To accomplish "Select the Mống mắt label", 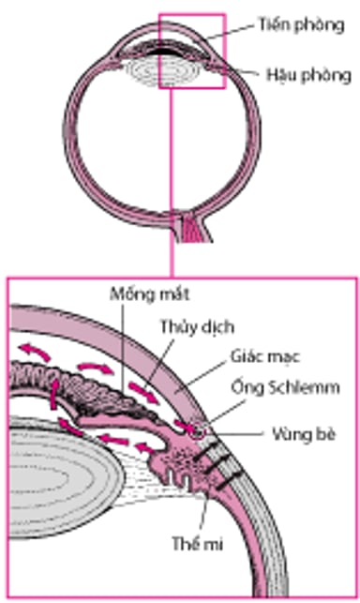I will [150, 294].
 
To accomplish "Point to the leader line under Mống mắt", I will [140, 347].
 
